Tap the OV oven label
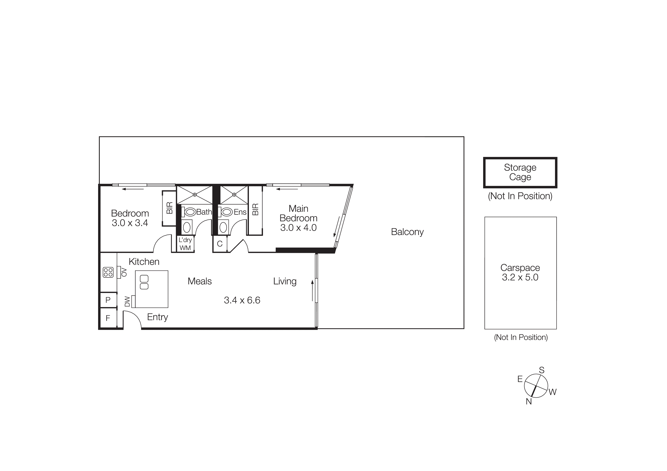124,272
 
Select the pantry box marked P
108,300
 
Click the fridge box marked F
108,318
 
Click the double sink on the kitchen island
144,282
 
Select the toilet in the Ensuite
227,212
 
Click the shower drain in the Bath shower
195,195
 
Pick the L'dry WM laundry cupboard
185,244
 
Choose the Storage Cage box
520,172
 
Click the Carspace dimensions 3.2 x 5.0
520,277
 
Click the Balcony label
407,232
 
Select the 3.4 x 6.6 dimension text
242,300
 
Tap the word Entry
157,317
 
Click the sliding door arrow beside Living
313,290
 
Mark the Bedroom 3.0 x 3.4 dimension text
130,223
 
